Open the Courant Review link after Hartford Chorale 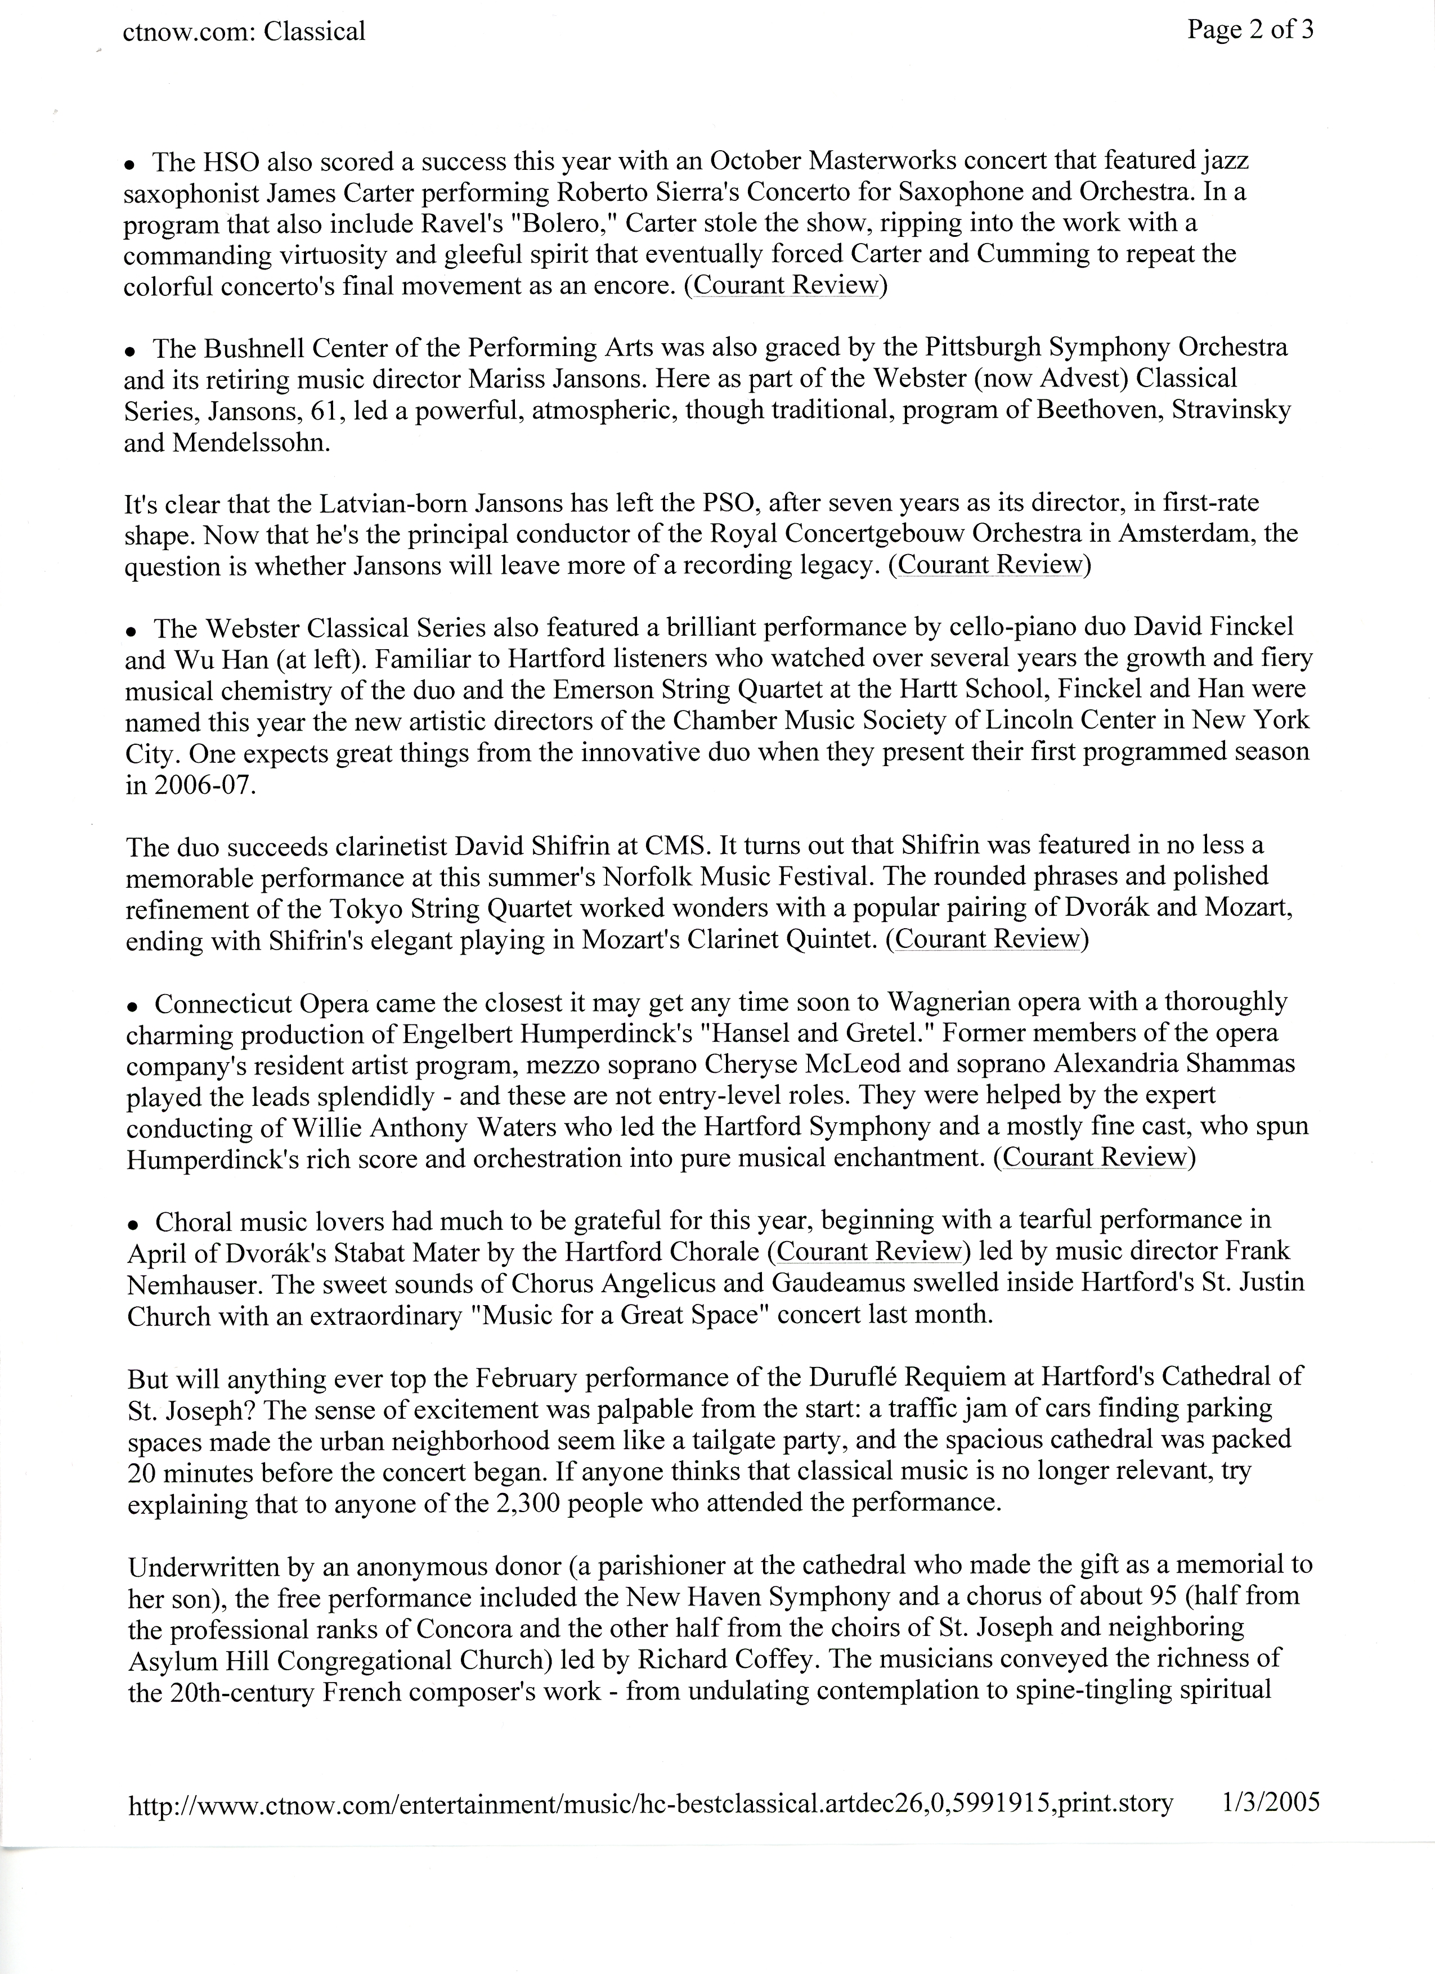[x=868, y=1252]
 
